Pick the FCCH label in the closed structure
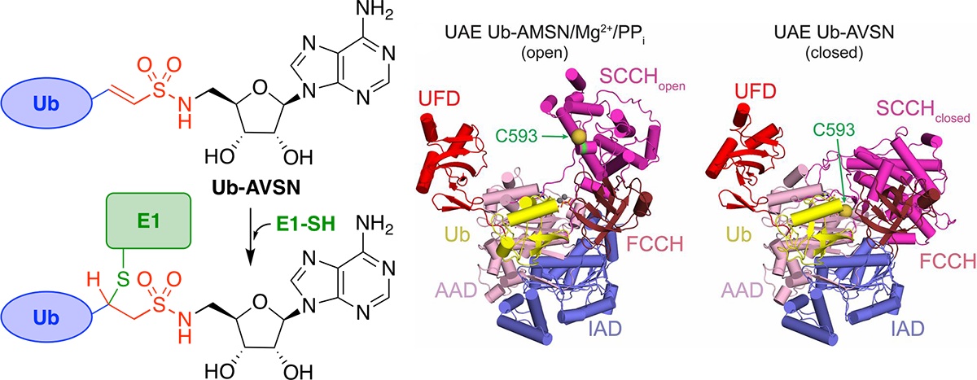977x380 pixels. point(923,262)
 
